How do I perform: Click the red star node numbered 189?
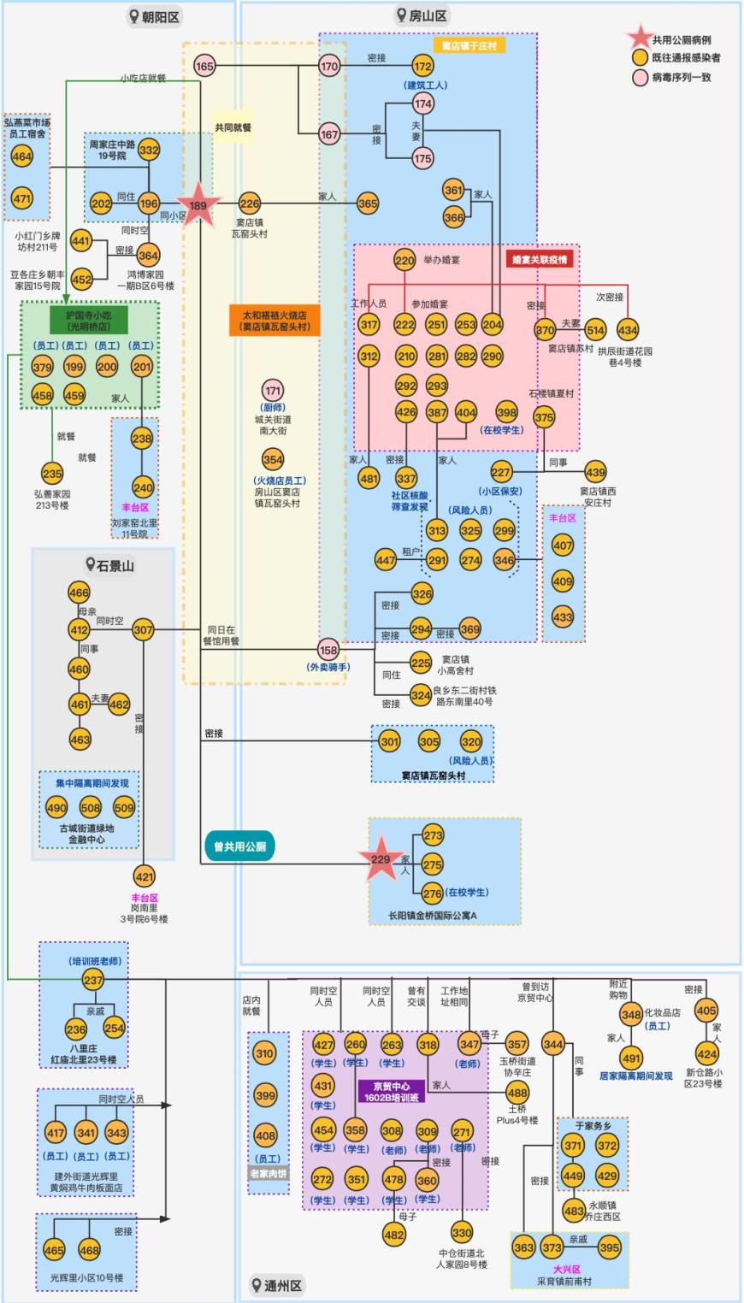198,205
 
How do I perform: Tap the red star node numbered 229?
381,860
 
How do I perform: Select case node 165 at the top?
204,66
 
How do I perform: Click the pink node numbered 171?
273,391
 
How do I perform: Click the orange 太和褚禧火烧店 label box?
274,321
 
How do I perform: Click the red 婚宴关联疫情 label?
540,259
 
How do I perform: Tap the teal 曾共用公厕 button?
239,846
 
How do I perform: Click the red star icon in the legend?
639,38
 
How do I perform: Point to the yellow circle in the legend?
640,58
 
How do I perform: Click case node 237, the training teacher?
93,980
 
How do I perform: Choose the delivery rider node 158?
328,649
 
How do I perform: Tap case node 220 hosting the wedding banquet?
404,260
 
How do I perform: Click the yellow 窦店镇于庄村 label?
469,45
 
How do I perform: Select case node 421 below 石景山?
145,876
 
